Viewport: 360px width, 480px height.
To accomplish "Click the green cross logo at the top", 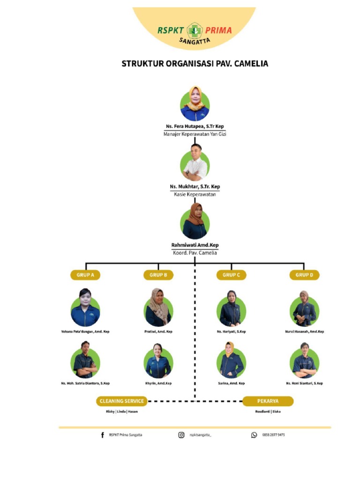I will click(194, 31).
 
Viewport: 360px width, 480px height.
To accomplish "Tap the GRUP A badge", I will click(85, 275).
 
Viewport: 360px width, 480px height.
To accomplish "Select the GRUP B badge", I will click(158, 275).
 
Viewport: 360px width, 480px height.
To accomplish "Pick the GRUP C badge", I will click(231, 275).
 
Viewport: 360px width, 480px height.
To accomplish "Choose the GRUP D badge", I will click(304, 275).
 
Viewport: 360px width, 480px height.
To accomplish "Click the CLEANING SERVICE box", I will click(122, 401).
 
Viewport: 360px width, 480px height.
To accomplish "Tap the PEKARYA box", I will click(268, 401).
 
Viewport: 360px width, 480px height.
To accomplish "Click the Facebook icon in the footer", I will click(103, 435).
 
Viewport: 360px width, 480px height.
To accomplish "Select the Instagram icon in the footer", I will click(181, 435).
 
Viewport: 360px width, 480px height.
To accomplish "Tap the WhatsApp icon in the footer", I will click(254, 435).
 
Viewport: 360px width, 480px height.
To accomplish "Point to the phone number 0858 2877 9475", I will click(273, 435).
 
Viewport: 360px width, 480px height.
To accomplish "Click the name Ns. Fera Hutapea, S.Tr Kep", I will click(195, 127).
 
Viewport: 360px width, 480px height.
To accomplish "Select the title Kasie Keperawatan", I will click(195, 194).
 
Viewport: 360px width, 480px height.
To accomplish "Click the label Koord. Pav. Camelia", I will click(195, 253).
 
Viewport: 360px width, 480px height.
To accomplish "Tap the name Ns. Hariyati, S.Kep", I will click(231, 332).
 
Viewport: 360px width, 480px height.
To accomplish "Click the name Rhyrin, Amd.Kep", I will click(158, 383).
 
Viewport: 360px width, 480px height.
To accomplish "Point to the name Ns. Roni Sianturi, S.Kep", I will click(304, 383).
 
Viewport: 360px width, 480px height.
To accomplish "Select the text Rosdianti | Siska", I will click(268, 412).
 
